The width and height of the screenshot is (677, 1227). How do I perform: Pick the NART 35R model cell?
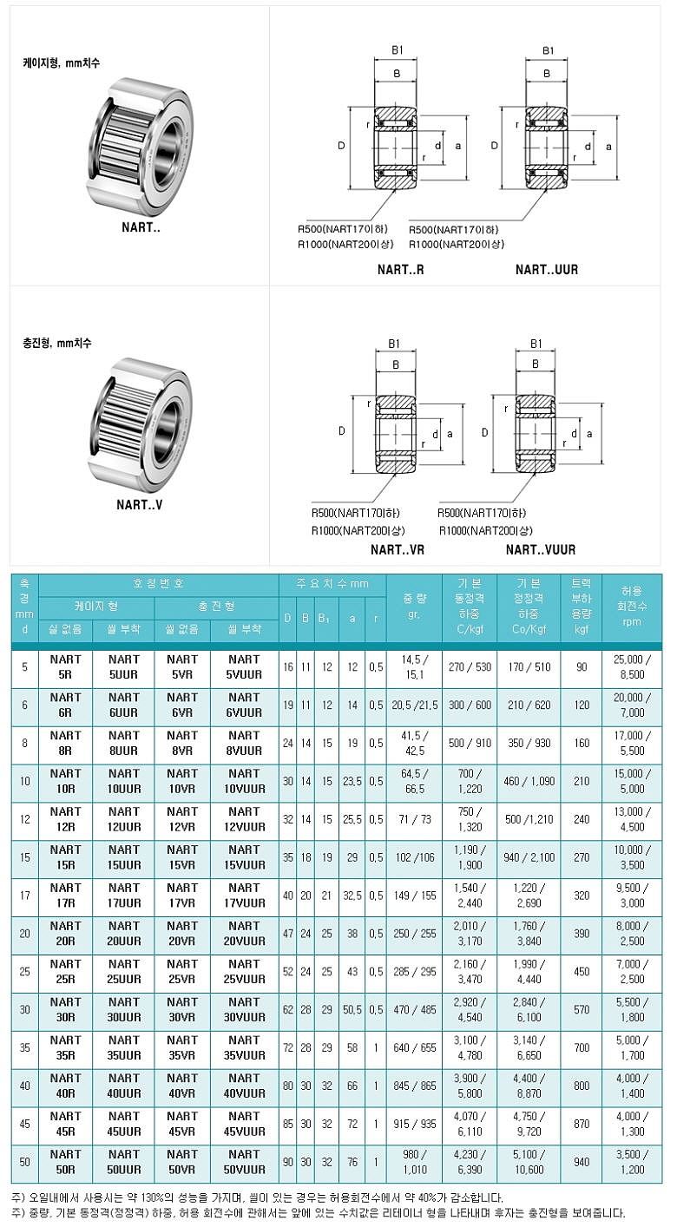(66, 1047)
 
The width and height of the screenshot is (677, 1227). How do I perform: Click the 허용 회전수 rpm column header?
(633, 607)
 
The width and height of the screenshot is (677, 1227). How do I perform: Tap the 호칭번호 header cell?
(159, 584)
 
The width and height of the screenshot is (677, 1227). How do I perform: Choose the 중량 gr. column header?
(414, 607)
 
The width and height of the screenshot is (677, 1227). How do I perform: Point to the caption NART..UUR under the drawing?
(547, 270)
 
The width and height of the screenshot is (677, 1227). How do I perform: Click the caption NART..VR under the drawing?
(398, 549)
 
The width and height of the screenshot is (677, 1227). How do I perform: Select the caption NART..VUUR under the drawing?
(541, 549)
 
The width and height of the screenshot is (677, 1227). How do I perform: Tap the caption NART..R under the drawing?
(401, 270)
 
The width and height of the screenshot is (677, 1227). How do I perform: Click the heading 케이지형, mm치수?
(62, 63)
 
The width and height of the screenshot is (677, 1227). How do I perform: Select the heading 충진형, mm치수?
(57, 343)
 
